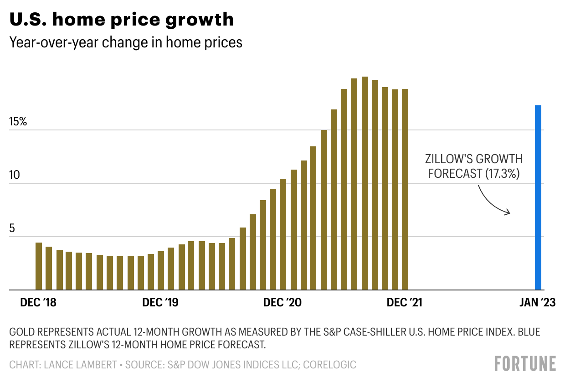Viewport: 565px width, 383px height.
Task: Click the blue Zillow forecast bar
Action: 538,198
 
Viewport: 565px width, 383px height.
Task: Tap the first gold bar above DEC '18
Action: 39,266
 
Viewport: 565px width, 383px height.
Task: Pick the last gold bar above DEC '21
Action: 405,190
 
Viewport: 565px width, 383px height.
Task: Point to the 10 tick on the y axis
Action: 15,176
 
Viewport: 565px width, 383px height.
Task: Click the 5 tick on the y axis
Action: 12,229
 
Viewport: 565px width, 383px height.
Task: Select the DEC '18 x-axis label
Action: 38,303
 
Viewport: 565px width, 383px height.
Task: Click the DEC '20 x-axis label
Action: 282,303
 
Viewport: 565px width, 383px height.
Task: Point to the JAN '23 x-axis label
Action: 538,303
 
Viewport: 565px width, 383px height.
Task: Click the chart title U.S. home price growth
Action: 122,19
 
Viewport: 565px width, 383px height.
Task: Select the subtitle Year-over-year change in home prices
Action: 126,42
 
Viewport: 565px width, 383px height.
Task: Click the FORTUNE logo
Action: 525,363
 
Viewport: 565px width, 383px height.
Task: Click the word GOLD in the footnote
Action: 21,332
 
